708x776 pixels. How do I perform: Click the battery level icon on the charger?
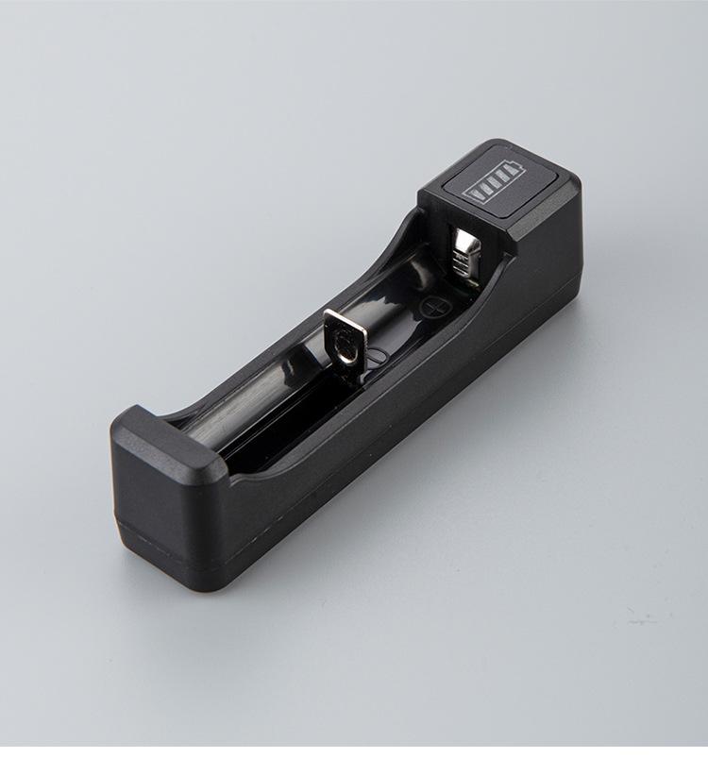coord(492,183)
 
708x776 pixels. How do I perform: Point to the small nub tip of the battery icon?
coord(517,168)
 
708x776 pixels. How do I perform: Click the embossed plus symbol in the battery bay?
coord(433,306)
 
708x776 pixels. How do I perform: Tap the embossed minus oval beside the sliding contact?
coord(375,356)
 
